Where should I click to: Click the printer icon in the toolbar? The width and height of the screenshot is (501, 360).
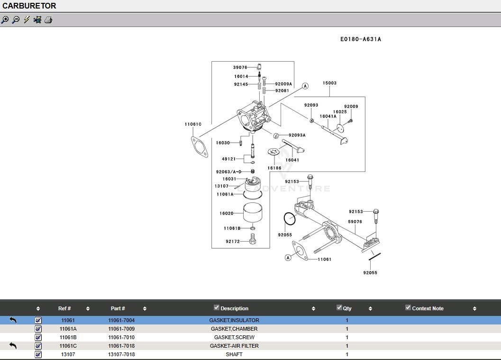[x=48, y=20]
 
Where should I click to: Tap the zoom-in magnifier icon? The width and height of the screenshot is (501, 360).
[x=5, y=20]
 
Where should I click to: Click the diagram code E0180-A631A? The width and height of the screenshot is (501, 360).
[x=360, y=39]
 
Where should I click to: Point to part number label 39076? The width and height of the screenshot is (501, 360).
[x=240, y=67]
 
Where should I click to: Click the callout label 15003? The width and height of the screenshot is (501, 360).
[x=329, y=83]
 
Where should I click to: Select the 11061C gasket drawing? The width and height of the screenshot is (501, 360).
[x=200, y=147]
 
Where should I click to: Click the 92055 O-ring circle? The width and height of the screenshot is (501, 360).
[x=290, y=219]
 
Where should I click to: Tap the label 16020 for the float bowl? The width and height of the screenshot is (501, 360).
[x=226, y=213]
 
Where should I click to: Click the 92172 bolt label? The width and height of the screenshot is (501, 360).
[x=233, y=242]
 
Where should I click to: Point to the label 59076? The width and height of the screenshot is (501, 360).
[x=355, y=222]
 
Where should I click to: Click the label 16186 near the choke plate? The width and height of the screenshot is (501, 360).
[x=274, y=168]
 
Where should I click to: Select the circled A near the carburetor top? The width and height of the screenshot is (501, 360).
[x=305, y=86]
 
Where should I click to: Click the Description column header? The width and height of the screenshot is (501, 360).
[x=234, y=308]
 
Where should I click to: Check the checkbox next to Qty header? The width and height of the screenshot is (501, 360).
[x=339, y=307]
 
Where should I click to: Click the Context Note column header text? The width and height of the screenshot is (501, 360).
[x=428, y=308]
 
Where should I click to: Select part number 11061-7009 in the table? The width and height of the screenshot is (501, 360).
[x=121, y=329]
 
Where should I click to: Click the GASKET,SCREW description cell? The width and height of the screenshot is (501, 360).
[x=234, y=337]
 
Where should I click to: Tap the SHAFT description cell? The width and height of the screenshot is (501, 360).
[x=234, y=354]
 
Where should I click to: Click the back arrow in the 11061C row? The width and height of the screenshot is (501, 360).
[x=13, y=346]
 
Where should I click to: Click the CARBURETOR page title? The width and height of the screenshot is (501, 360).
[x=29, y=6]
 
